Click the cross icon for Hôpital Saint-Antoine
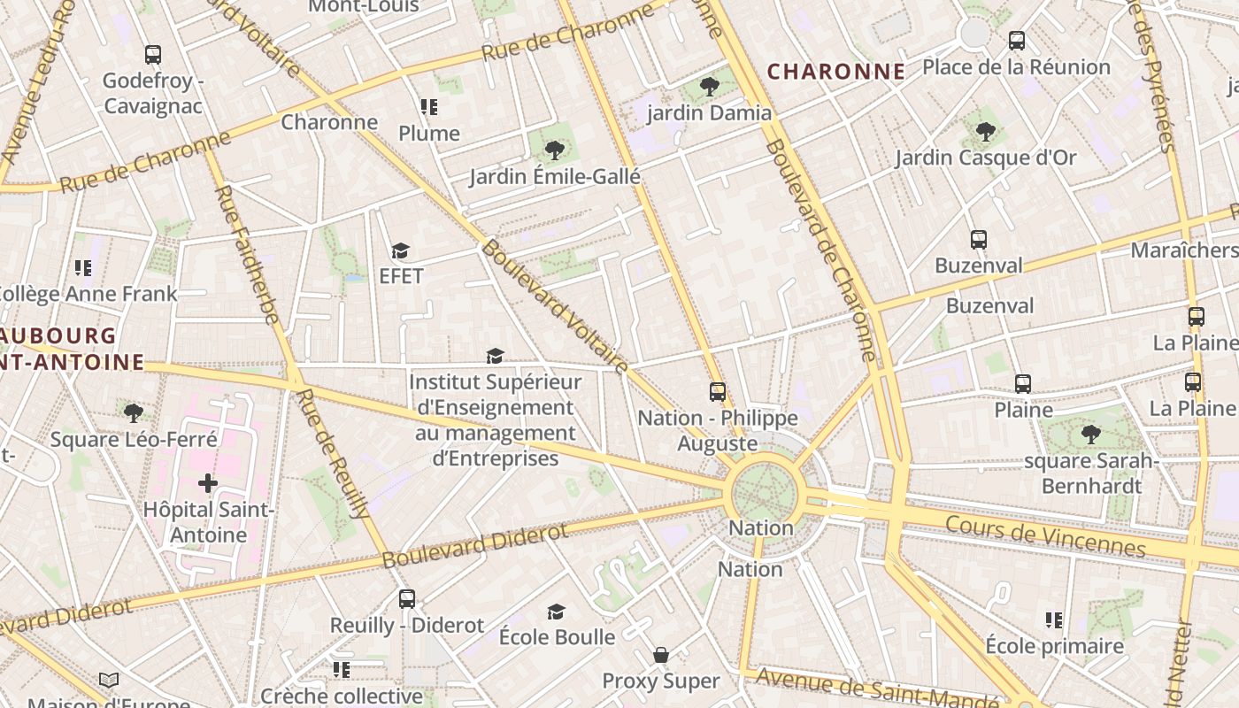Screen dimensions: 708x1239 207,483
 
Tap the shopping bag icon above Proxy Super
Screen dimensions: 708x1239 660,655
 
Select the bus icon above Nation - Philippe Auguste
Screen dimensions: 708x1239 717,391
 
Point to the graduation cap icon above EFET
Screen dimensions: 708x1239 401,250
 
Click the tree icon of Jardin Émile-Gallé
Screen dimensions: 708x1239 555,150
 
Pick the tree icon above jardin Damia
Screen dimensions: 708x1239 709,87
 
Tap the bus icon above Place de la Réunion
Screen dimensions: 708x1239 1016,41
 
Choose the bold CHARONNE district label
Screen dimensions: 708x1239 836,72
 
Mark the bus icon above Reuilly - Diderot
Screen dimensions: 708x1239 406,599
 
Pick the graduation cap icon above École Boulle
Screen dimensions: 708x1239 556,612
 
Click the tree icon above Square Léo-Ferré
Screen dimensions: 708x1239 134,412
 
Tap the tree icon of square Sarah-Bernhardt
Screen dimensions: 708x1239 1090,435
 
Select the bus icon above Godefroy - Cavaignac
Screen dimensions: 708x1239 153,55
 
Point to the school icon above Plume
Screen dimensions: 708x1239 429,108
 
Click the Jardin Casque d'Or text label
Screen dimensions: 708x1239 985,158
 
